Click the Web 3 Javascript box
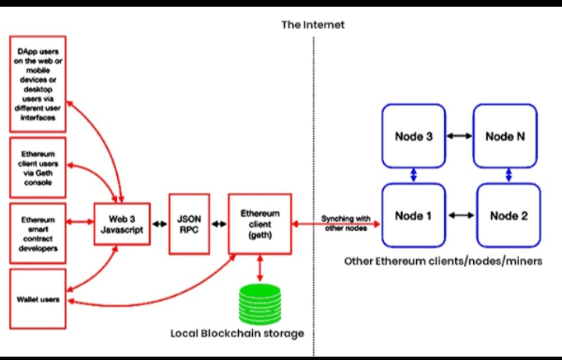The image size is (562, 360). pos(121,224)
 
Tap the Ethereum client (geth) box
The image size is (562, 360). pos(259,224)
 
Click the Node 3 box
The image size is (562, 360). pos(413,136)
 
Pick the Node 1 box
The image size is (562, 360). pos(413,215)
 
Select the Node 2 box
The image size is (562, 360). pos(507,215)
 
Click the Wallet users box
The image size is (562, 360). pos(37,299)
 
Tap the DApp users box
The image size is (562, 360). pos(37,84)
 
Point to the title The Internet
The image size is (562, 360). pos(313,25)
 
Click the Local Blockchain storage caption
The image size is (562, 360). pos(237,333)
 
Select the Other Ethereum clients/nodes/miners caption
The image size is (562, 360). pos(443,261)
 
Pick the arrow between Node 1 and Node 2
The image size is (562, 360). pos(461,215)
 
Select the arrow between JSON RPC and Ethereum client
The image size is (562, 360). pos(219,224)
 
